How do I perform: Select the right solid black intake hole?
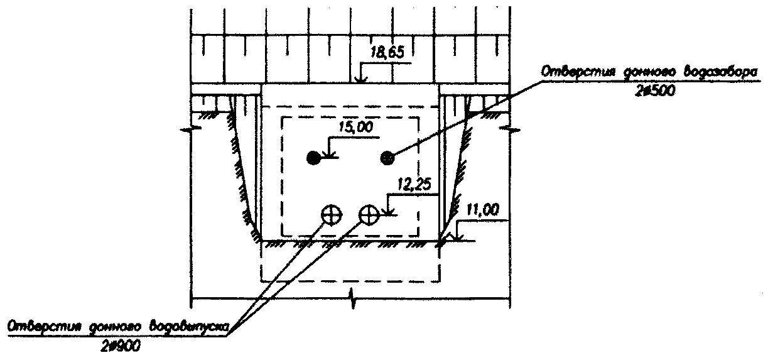[387, 158]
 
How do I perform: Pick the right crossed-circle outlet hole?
[369, 215]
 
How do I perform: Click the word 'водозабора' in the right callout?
[703, 74]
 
